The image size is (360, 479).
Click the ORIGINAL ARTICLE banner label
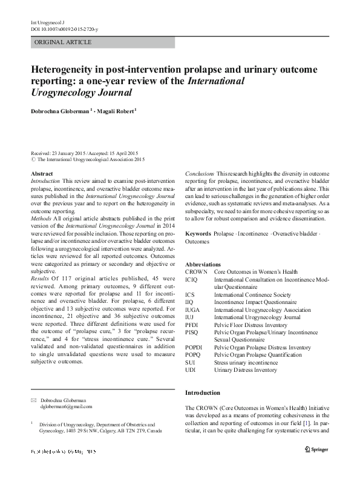coord(64,42)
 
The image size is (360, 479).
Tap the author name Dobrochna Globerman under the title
coord(66,111)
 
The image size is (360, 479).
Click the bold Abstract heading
coord(41,174)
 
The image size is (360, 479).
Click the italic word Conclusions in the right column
coord(200,174)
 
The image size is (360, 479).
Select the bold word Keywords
coord(198,233)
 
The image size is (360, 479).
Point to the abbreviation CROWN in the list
coord(196,272)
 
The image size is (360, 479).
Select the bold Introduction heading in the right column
coord(203,393)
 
